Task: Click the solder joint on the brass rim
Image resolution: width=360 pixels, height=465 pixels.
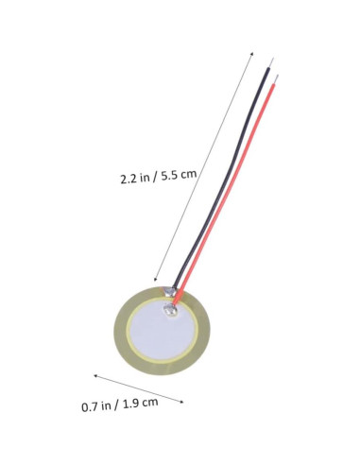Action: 165,290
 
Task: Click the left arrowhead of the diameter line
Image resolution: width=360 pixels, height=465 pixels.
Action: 94,377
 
